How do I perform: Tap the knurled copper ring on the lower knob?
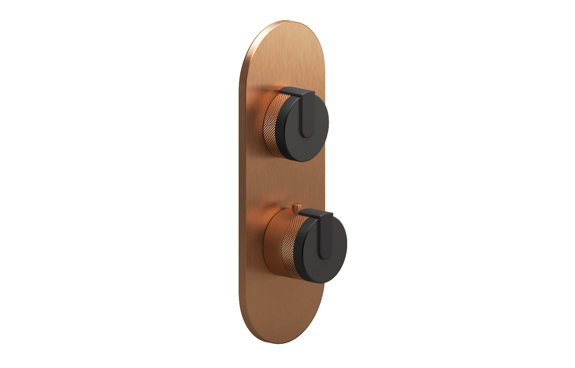[293, 248]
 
